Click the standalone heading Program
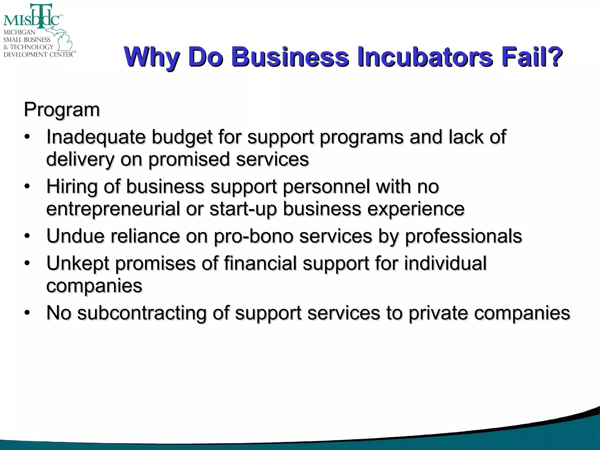62,110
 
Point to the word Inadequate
96,137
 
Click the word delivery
80,160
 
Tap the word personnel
326,187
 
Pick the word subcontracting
142,313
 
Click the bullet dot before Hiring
27,187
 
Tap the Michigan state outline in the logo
63,38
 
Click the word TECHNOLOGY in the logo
32,47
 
